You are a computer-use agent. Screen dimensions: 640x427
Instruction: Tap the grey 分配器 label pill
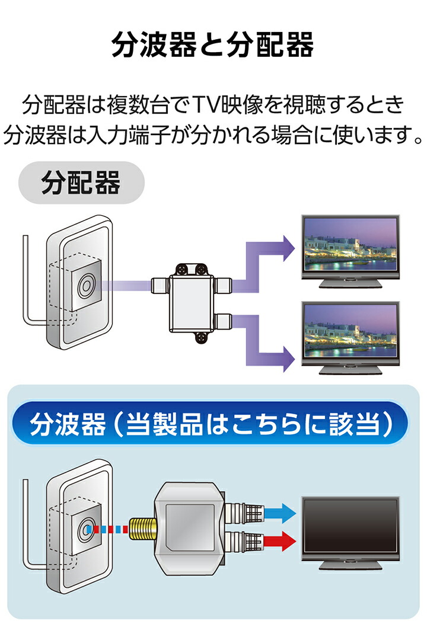[x=81, y=184]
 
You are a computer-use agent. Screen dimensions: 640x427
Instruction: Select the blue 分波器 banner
[x=212, y=424]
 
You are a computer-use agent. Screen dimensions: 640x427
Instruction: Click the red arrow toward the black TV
[x=278, y=539]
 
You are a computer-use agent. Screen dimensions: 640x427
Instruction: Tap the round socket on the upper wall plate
[x=84, y=286]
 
